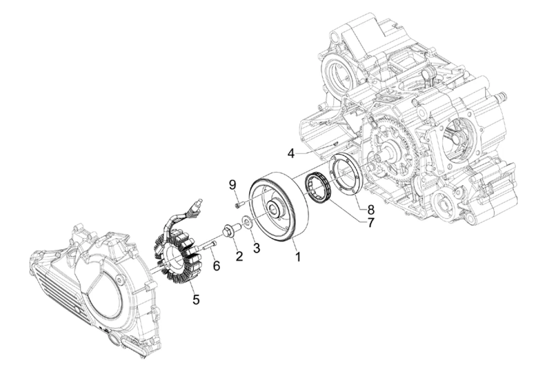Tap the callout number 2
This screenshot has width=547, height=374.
click(239, 255)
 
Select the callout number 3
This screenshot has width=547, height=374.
click(256, 247)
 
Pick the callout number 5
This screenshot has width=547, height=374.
click(196, 299)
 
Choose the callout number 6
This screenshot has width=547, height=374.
click(216, 265)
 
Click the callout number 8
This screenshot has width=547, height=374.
click(370, 210)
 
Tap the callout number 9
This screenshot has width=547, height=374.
click(233, 185)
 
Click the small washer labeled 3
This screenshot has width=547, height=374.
click(247, 224)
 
